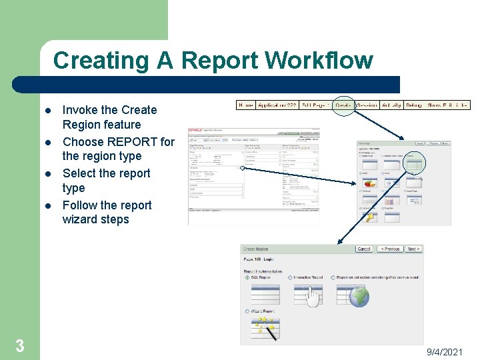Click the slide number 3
point(19,345)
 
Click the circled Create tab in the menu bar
point(343,105)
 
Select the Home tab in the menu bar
point(245,105)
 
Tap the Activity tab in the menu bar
point(391,105)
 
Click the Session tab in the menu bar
point(367,105)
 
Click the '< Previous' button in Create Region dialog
point(391,249)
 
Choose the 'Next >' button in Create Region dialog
point(413,249)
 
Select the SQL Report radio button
point(247,277)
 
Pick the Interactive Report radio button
point(290,277)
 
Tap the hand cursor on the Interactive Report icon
point(312,298)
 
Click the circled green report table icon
point(414,161)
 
